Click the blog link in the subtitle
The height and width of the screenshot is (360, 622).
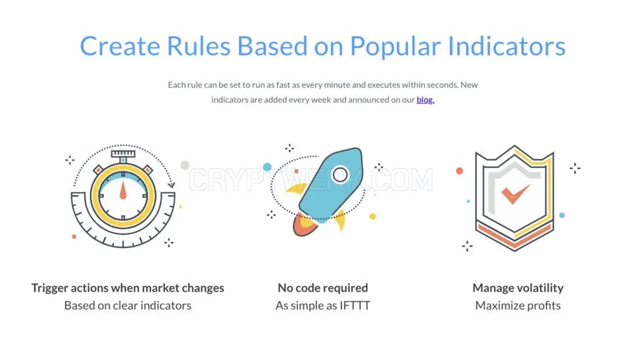pos(425,100)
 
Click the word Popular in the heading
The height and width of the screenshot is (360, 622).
pos(396,47)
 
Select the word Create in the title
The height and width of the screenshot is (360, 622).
pos(120,46)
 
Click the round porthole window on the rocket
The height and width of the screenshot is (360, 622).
pos(340,175)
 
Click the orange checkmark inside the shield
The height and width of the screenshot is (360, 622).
pos(515,193)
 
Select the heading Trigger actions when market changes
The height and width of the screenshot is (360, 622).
pos(128,288)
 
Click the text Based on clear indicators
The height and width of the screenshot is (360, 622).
pos(128,306)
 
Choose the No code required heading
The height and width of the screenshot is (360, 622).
pos(323,288)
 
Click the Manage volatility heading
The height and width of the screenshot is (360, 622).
pos(518,288)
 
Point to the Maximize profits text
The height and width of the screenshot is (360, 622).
pos(518,306)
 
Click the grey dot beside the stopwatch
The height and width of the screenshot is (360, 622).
pos(185,165)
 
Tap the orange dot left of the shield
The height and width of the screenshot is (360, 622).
pos(460,171)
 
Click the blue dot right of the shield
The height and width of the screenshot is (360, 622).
pos(562,215)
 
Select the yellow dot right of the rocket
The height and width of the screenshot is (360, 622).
pos(373,216)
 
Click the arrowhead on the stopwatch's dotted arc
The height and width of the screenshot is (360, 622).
pos(172,185)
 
